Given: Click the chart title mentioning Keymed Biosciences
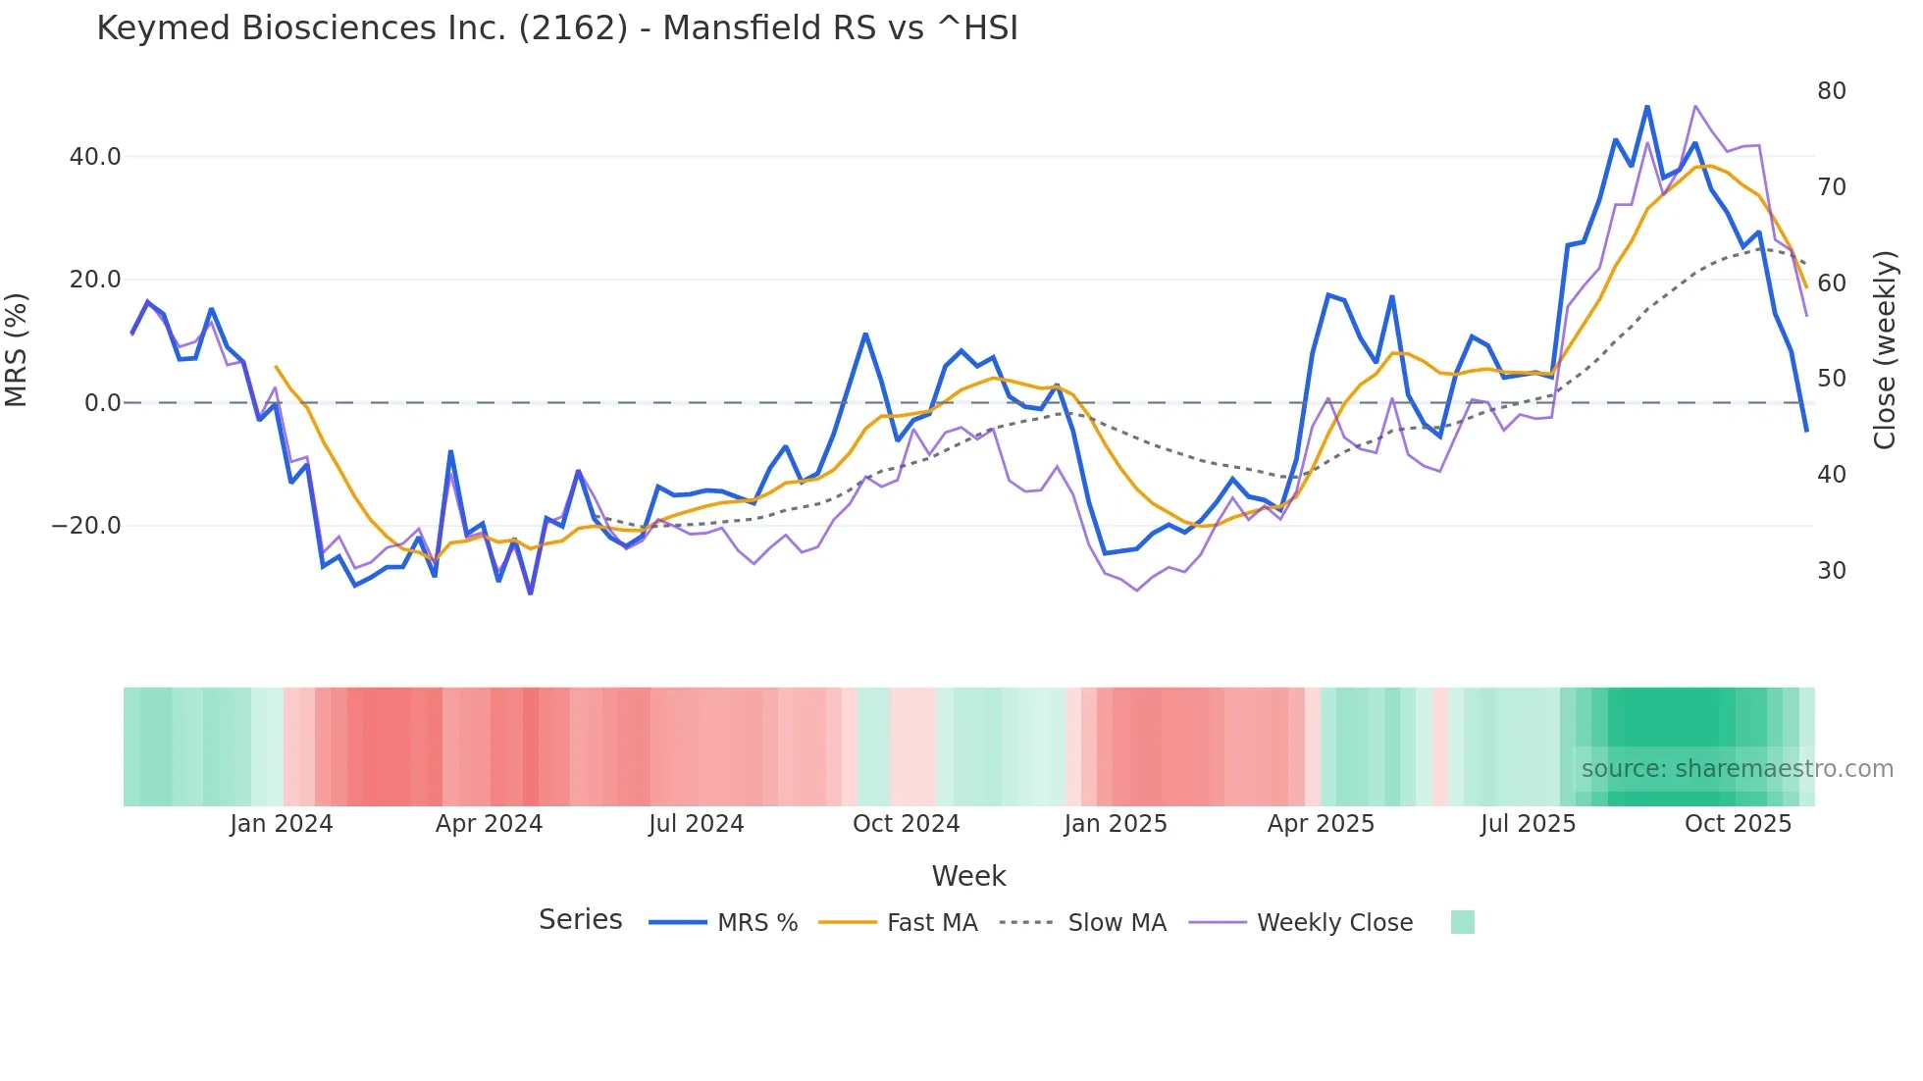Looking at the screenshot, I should tap(556, 28).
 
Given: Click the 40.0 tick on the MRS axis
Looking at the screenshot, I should tap(95, 157).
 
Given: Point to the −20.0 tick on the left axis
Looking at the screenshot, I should tap(86, 526).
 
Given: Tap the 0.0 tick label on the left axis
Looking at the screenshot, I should tap(103, 403).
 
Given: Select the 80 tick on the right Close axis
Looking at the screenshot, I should tap(1831, 91).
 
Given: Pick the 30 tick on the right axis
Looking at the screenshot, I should tap(1831, 571).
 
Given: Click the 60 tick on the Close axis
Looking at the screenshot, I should tap(1831, 283).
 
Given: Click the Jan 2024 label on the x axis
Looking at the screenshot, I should tap(282, 824).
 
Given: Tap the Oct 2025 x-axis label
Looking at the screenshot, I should tap(1738, 824).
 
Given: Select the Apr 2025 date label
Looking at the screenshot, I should tap(1321, 824).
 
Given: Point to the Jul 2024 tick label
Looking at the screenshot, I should tap(696, 824).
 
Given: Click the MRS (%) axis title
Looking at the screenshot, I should tap(17, 349).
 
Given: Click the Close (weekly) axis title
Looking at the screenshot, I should tap(1884, 350).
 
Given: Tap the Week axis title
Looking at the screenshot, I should tap(968, 876).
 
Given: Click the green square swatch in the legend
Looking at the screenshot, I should tap(1462, 922).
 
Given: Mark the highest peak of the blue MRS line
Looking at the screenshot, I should tap(1647, 106).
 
